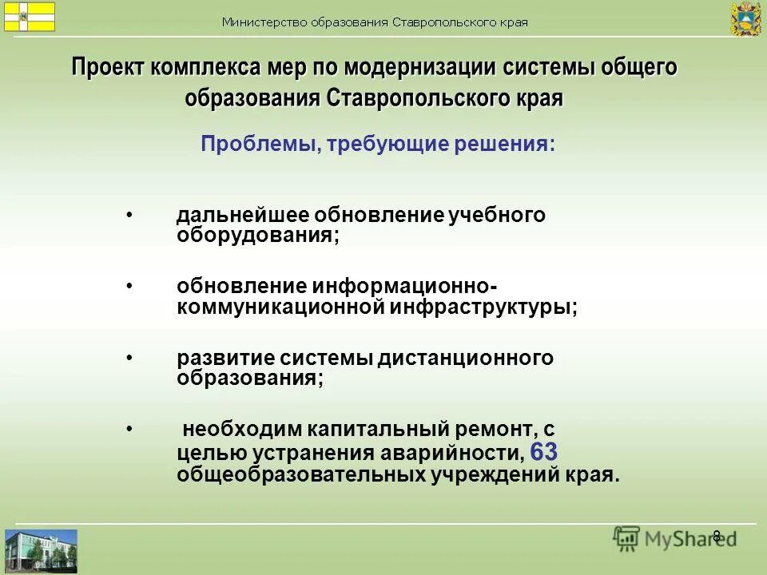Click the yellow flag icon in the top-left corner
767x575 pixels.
point(30,16)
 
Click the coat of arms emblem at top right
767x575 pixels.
point(745,18)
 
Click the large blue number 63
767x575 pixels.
point(543,452)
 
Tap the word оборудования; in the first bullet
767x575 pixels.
point(257,236)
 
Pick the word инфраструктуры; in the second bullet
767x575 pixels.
point(483,307)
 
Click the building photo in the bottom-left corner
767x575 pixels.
point(41,549)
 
